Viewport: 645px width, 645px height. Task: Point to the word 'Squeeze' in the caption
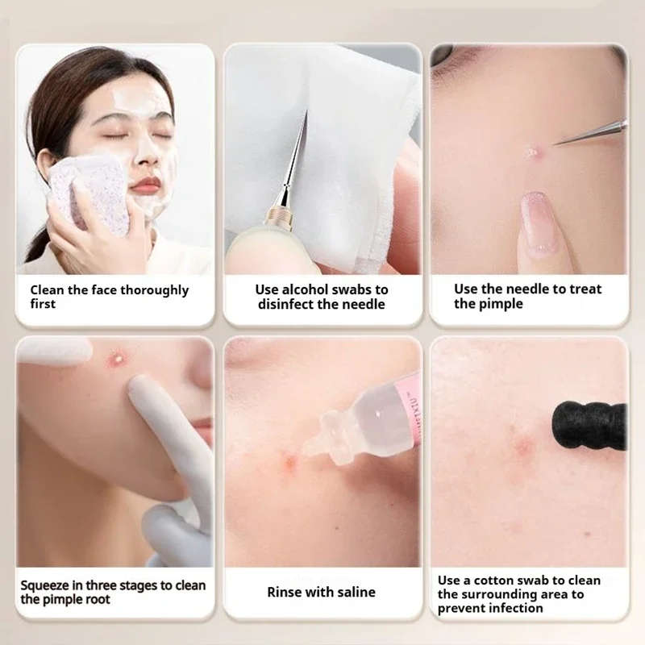44,586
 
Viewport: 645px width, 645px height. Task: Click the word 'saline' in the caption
357,593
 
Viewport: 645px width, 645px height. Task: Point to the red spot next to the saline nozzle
289,463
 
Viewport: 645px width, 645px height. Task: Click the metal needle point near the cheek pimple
555,144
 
